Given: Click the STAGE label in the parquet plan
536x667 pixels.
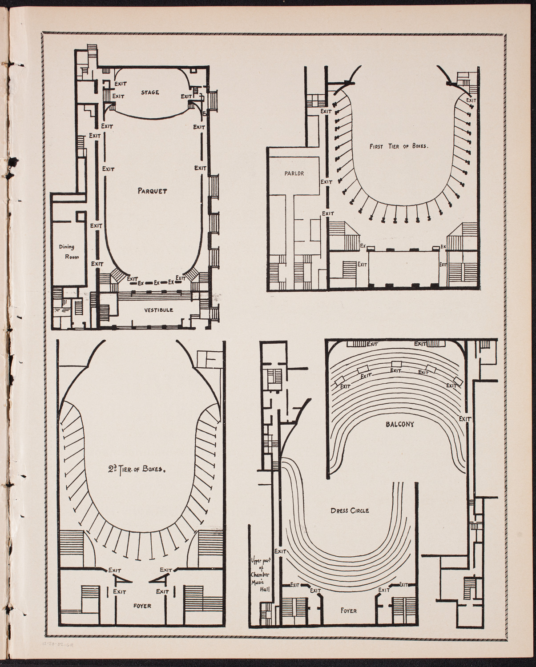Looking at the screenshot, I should [x=150, y=92].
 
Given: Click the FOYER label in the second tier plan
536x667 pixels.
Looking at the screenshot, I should [x=141, y=606].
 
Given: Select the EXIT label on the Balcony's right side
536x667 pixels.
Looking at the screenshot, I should [x=465, y=419].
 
